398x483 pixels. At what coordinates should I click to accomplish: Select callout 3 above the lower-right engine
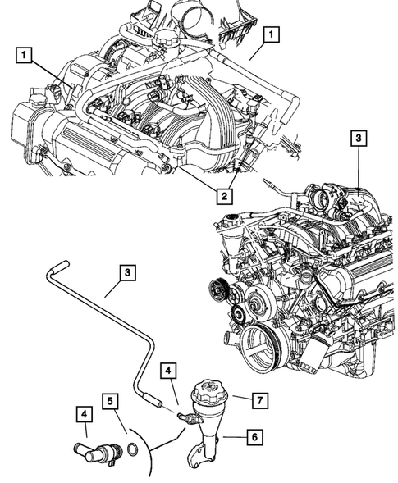357,139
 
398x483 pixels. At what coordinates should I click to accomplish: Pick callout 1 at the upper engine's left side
27,56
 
